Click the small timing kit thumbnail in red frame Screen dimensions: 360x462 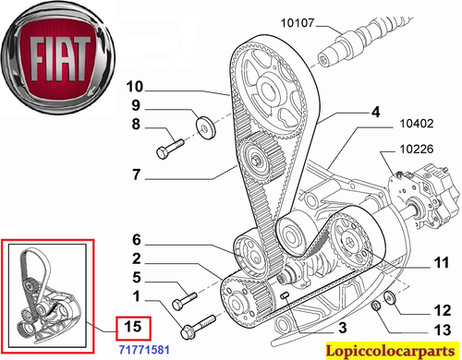click(47, 286)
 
